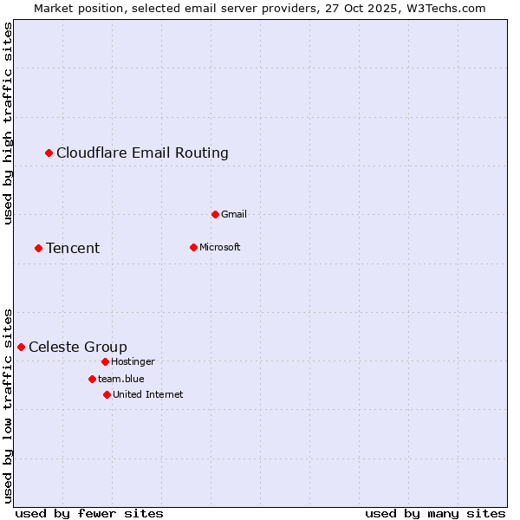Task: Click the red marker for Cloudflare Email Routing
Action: [49, 153]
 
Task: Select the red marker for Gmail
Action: [215, 214]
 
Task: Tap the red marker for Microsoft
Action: [193, 247]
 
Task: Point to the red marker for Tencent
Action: [38, 248]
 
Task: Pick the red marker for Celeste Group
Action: [22, 347]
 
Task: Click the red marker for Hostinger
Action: [105, 361]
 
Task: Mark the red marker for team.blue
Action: [92, 379]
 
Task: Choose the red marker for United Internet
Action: [107, 394]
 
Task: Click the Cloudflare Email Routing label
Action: [142, 153]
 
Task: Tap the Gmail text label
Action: [234, 214]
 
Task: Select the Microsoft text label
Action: [219, 247]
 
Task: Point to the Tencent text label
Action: [73, 249]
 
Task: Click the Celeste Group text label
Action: [78, 348]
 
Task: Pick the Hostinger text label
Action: [133, 361]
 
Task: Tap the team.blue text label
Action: [120, 379]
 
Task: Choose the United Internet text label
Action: [147, 394]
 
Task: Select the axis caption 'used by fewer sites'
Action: [89, 513]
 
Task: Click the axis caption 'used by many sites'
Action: [435, 513]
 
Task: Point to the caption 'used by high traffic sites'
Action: [8, 123]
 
